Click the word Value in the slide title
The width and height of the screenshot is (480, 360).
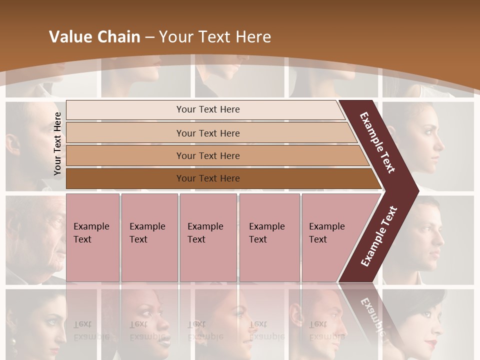coord(70,37)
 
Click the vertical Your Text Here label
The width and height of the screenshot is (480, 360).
coord(57,143)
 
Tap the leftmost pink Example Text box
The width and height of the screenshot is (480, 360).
coord(92,237)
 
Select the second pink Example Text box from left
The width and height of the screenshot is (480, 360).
coord(149,237)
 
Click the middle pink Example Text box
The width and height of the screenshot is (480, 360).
coord(208,237)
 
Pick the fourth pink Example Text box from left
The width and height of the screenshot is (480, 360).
coord(269,237)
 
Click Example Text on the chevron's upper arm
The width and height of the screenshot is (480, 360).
coord(377,142)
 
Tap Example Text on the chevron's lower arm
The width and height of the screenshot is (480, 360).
coord(379,236)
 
